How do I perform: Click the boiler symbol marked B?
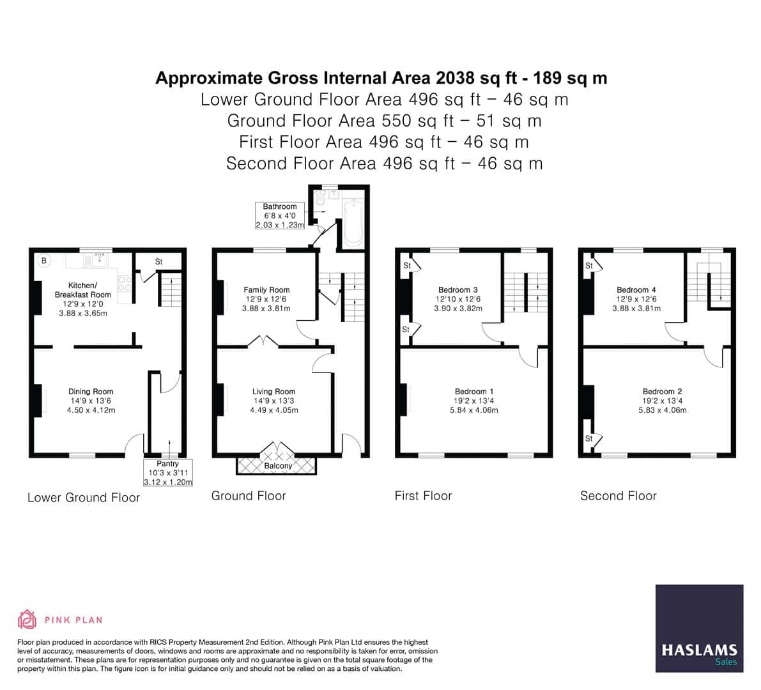tap(44, 260)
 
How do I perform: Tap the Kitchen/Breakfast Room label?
tap(82, 290)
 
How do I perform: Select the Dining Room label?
tap(91, 392)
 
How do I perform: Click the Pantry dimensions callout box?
tap(167, 473)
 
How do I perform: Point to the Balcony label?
tap(278, 466)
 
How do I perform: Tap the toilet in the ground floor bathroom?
tap(320, 199)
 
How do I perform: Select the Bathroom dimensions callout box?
tap(280, 216)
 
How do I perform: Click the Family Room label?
tap(266, 290)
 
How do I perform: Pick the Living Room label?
tap(273, 392)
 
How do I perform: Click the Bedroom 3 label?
tap(458, 290)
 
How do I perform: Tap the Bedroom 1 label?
tap(474, 392)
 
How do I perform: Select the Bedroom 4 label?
tap(636, 290)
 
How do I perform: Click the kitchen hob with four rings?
tap(125, 283)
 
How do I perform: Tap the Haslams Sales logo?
tap(699, 628)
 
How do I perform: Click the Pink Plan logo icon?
tap(27, 619)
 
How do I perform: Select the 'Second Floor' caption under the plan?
tap(618, 496)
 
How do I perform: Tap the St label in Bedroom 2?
tap(589, 438)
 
